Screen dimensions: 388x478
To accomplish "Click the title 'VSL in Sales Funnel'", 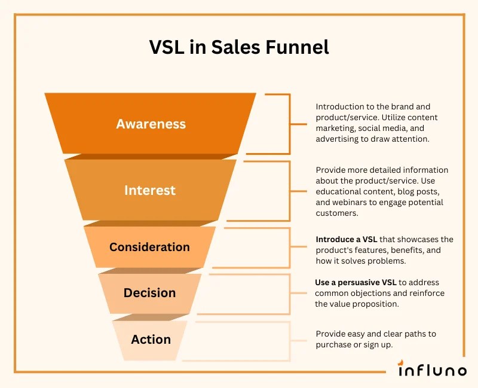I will coord(239,47).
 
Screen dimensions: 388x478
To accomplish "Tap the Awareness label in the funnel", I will coord(151,124).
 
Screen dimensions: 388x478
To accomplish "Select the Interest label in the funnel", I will coord(149,190).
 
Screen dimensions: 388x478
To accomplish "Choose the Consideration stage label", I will coord(149,247).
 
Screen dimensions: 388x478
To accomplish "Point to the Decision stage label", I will coord(149,293).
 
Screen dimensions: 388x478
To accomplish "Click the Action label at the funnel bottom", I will coord(151,340).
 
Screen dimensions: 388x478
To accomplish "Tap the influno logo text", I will coord(433,371).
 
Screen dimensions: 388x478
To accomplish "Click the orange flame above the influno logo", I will coord(404,361).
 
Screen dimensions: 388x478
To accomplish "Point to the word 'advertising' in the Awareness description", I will coord(339,139).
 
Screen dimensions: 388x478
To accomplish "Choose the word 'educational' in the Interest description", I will coord(339,191).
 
